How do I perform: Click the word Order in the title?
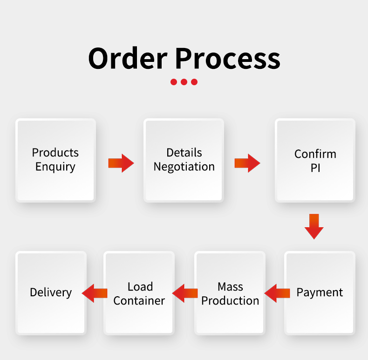[127, 59]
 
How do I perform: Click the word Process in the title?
[228, 59]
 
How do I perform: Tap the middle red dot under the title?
[184, 82]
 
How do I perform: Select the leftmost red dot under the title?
[174, 82]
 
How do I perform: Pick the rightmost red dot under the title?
[194, 82]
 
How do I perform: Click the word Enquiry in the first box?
[55, 167]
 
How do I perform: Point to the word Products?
[55, 153]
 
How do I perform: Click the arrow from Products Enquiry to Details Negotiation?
[121, 163]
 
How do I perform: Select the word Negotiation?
[184, 167]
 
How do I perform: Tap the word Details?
[184, 153]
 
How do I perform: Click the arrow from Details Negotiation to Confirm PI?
[247, 163]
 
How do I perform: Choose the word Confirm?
[315, 154]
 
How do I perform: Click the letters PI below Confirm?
[315, 168]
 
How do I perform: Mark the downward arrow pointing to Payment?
[314, 226]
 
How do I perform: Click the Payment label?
[320, 292]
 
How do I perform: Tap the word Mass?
[230, 286]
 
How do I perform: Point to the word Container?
[139, 301]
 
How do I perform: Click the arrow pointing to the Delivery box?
[95, 293]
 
